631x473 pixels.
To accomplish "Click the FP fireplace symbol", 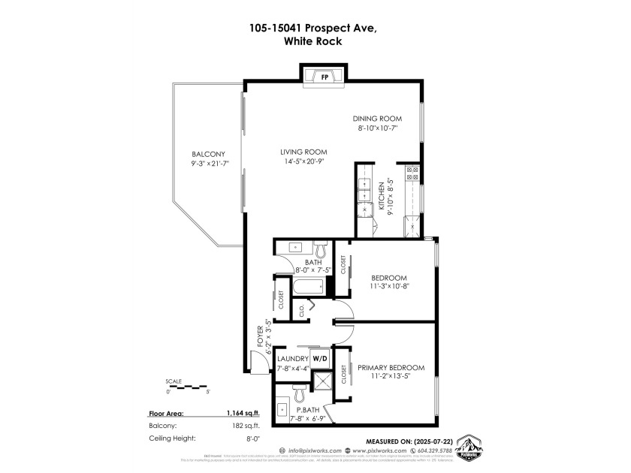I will click(325, 77).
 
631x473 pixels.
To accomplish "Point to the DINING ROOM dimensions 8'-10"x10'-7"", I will click(377, 129).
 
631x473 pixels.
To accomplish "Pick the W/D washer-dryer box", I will click(320, 358).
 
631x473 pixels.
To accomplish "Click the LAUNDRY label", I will click(293, 358).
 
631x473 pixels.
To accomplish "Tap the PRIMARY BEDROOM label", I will click(391, 367).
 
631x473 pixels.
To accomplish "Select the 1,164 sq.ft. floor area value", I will click(243, 413).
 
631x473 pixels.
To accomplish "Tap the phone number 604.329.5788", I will click(419, 450).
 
